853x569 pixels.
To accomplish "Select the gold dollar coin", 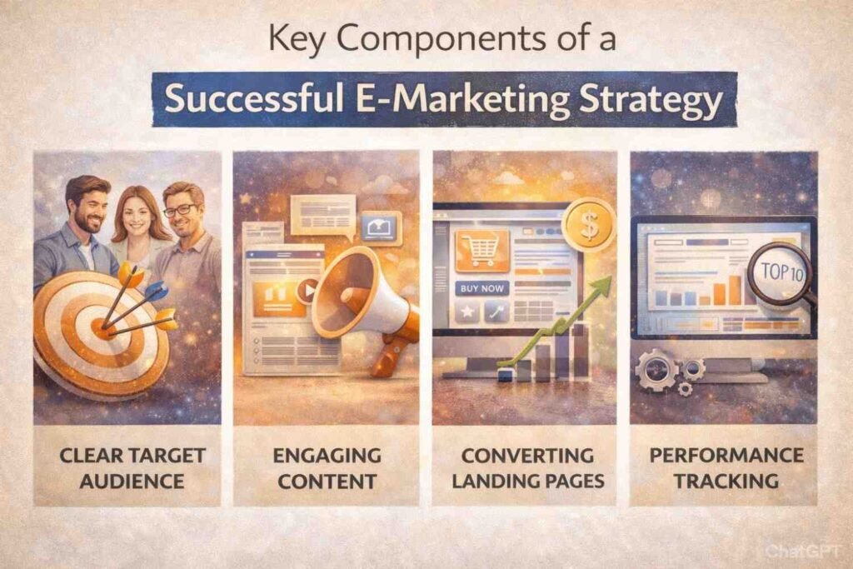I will [588, 222].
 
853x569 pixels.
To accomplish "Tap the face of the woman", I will [132, 213].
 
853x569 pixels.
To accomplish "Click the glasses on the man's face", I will [179, 210].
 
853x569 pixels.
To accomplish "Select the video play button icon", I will [307, 292].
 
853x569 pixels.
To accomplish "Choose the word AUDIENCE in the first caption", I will [127, 481].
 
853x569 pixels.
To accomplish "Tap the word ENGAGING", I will [326, 456].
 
